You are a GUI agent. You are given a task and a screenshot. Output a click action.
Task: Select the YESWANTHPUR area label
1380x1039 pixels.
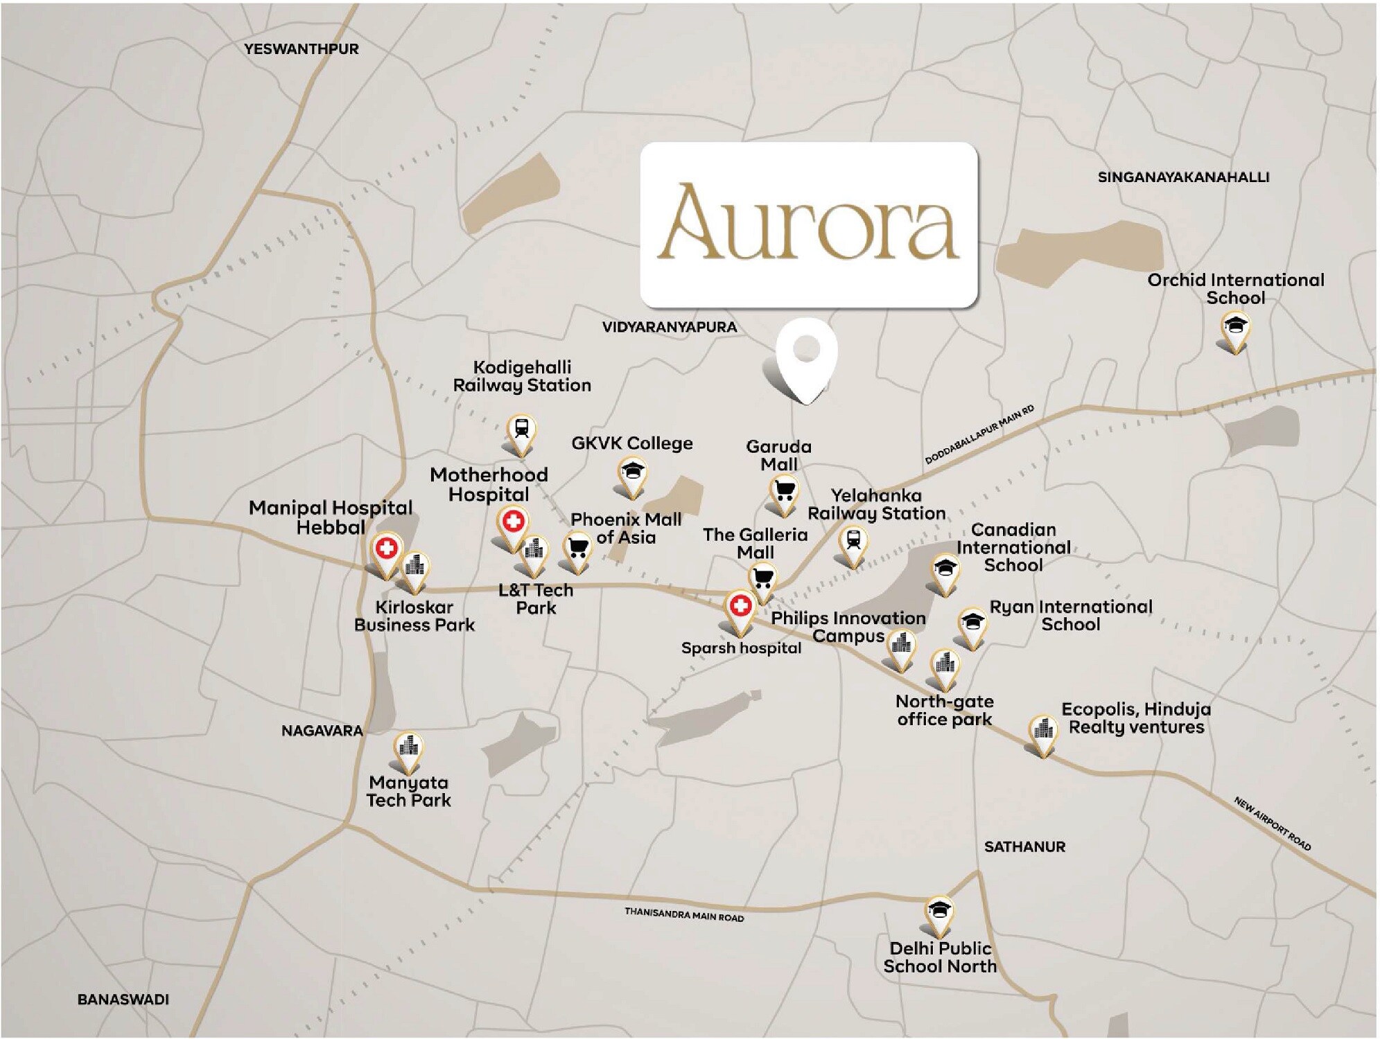(302, 49)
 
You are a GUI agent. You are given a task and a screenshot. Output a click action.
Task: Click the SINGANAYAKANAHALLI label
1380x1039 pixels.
(1183, 177)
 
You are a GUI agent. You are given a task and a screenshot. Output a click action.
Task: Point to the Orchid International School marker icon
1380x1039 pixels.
(1234, 327)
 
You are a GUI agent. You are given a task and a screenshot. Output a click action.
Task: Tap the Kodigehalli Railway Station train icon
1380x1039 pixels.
(521, 429)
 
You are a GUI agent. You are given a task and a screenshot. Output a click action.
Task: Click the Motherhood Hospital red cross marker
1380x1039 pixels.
(513, 522)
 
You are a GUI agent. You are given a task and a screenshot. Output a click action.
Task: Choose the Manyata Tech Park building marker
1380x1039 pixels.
(409, 747)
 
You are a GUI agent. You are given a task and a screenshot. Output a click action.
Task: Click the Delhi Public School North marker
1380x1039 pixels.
(939, 910)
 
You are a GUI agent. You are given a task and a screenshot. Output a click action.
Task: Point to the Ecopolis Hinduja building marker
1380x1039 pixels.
(1042, 730)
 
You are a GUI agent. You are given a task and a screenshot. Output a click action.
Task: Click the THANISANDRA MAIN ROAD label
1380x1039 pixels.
(684, 914)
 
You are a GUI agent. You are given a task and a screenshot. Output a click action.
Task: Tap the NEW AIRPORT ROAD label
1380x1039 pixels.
(1272, 824)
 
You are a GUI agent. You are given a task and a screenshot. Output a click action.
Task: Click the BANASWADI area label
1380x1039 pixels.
(123, 1000)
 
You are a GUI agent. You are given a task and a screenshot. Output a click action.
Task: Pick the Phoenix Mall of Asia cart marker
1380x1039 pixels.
(578, 548)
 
